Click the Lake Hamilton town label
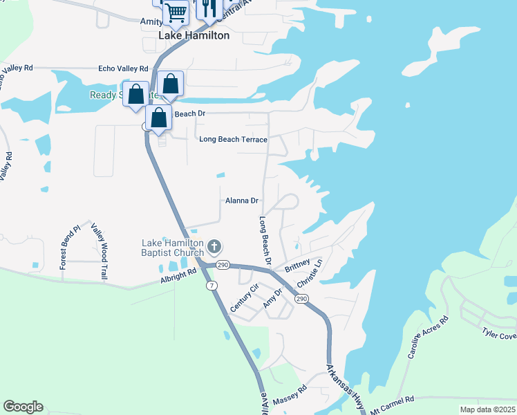click(x=194, y=35)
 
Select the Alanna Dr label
click(x=242, y=201)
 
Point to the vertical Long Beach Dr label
click(x=263, y=241)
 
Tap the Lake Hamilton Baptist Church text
click(x=173, y=248)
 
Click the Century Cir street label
click(x=244, y=297)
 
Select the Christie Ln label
click(x=310, y=275)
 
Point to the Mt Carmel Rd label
click(x=391, y=400)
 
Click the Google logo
click(x=23, y=407)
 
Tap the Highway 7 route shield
click(x=209, y=285)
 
